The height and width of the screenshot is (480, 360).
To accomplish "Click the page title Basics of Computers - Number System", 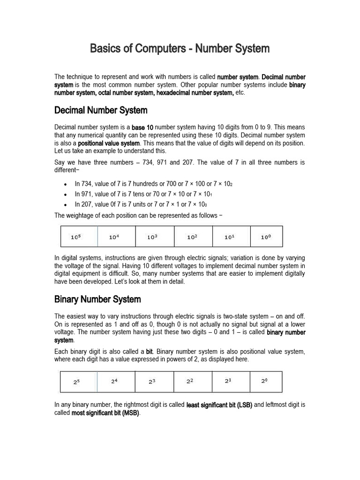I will tap(180, 48).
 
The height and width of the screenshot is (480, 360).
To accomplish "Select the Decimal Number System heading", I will tap(101, 111).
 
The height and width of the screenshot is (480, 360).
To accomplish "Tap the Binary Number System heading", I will tap(97, 299).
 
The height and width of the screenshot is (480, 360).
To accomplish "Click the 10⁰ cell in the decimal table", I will tap(266, 237).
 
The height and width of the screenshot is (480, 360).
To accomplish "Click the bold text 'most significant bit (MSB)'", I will tap(105, 413).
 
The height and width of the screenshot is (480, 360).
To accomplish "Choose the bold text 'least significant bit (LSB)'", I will tap(219, 405).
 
